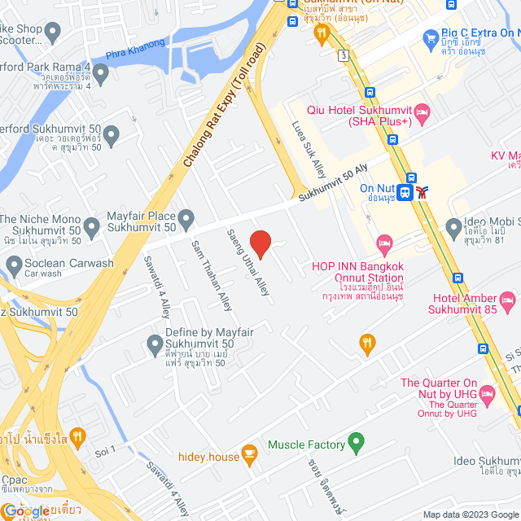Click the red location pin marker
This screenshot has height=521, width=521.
pos(260,243)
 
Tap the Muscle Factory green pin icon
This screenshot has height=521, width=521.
pos(355,444)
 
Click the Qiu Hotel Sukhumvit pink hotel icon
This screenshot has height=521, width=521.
pos(422,115)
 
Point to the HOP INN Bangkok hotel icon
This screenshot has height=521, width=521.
pos(384,243)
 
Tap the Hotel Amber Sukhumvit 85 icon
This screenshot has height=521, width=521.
pos(509,303)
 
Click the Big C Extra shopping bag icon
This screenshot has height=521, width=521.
pos(431,37)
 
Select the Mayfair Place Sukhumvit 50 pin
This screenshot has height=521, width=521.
pos(186,218)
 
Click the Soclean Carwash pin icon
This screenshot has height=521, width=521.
pos(14,265)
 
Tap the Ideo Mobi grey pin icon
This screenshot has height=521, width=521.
pos(453,225)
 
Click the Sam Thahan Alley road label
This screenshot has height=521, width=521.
pos(211,274)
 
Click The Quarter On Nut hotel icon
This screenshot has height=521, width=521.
pos(488,396)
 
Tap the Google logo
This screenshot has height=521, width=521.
pos(26,510)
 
